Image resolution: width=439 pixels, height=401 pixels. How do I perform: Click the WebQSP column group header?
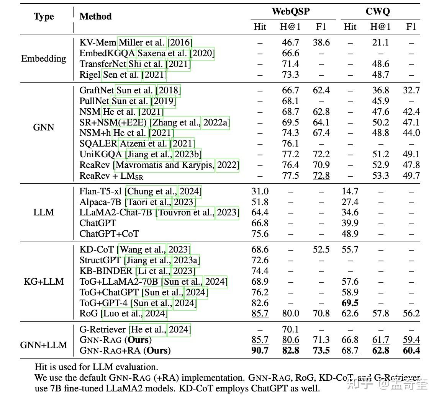[x=291, y=11]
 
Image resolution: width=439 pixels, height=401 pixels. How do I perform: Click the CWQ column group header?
[x=378, y=11]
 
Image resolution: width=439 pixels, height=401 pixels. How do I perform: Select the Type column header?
[x=44, y=16]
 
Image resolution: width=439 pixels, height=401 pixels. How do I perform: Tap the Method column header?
[x=95, y=16]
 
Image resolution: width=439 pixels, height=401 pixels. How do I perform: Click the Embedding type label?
[x=44, y=59]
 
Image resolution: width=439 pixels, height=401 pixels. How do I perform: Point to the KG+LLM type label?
[x=44, y=281]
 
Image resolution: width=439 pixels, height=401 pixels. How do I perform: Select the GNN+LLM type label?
[x=44, y=345]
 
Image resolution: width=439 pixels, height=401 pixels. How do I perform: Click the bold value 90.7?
[x=260, y=350]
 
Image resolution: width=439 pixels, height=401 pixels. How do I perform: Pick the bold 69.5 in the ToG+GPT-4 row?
[x=350, y=303]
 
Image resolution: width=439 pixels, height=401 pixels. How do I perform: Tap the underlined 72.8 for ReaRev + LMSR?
[x=321, y=176]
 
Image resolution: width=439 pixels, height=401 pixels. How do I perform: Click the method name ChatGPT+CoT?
[x=109, y=234]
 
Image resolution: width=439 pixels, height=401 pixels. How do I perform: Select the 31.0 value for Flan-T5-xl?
[x=260, y=191]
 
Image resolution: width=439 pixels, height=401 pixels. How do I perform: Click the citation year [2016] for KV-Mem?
[x=180, y=42]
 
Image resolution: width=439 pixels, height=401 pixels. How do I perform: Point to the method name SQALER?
[x=98, y=143]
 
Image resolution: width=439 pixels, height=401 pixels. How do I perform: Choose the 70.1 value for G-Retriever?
[x=291, y=329]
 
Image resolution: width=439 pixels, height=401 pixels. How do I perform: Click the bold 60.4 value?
[x=411, y=350]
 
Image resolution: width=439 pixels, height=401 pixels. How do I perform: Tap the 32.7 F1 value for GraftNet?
[x=411, y=90]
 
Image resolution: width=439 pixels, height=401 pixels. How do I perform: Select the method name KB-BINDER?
[x=106, y=271]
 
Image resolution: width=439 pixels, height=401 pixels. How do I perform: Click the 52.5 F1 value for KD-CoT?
[x=321, y=249]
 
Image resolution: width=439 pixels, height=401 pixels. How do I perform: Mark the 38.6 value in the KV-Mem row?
[x=321, y=42]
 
